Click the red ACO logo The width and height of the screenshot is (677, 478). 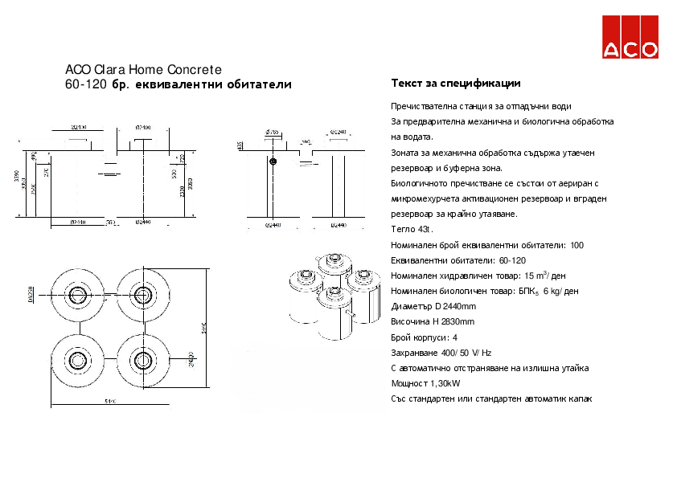tap(630, 38)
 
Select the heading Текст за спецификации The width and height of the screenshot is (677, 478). tap(455, 84)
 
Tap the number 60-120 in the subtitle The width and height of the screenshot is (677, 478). tap(86, 84)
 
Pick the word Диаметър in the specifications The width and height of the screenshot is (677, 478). tap(412, 306)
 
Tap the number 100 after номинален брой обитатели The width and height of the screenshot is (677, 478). tap(576, 245)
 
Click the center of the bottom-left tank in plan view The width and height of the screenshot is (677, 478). tap(79, 358)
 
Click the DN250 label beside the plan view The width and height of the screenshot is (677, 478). tap(31, 295)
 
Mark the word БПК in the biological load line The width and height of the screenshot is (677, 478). tap(524, 291)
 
